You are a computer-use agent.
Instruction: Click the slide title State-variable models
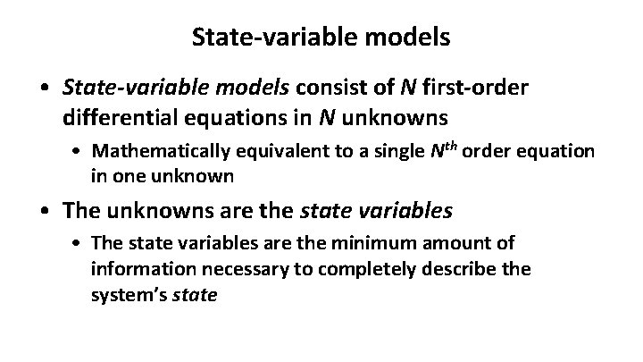(x=321, y=38)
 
